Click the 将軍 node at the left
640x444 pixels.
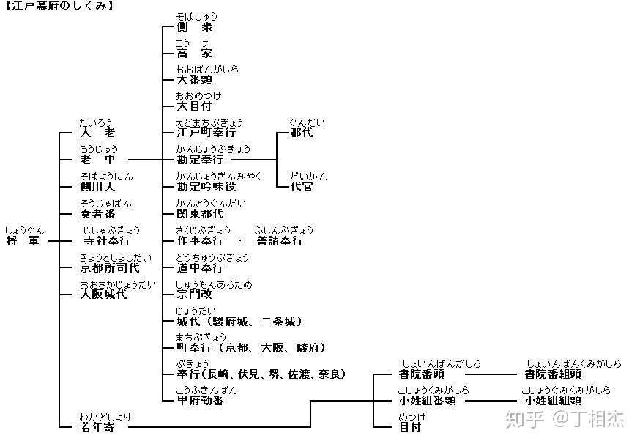pos(23,240)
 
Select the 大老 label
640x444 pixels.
pos(97,133)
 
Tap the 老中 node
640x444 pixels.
pos(97,159)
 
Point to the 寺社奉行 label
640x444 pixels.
pos(107,240)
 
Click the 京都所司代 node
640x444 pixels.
pos(109,267)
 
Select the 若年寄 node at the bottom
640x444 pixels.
pos(97,426)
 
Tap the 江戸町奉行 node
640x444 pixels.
pos(206,133)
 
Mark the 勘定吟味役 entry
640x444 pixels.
pos(206,187)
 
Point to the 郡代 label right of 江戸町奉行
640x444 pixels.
pos(302,133)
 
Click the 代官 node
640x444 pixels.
pos(302,187)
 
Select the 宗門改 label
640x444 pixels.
pos(194,295)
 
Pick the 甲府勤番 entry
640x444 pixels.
pos(200,400)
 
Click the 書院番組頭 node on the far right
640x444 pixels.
pos(553,374)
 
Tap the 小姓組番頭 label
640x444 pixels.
pos(427,400)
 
